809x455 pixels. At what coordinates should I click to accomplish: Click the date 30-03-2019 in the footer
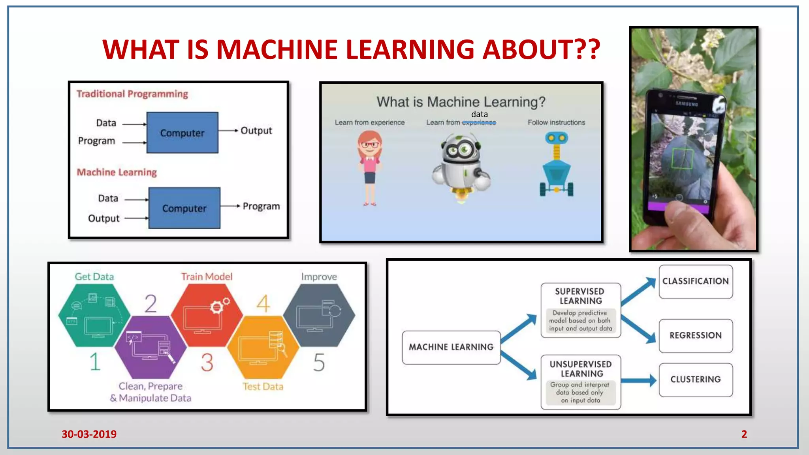(x=89, y=434)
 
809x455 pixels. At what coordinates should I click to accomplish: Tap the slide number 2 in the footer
(x=744, y=434)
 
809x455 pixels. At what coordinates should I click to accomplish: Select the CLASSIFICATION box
(x=696, y=281)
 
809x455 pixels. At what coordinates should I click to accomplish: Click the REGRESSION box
(x=696, y=336)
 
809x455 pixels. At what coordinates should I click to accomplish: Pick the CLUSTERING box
(x=696, y=380)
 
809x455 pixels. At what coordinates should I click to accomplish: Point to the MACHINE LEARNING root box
(x=451, y=347)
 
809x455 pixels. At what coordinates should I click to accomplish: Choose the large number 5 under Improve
(x=319, y=363)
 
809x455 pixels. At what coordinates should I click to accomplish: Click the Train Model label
(x=207, y=277)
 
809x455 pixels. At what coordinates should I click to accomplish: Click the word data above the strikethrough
(x=479, y=114)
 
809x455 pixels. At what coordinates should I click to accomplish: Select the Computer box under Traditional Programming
(x=182, y=133)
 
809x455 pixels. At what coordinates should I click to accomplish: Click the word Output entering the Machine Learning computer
(x=103, y=218)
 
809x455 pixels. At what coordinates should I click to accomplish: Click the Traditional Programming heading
(x=132, y=94)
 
